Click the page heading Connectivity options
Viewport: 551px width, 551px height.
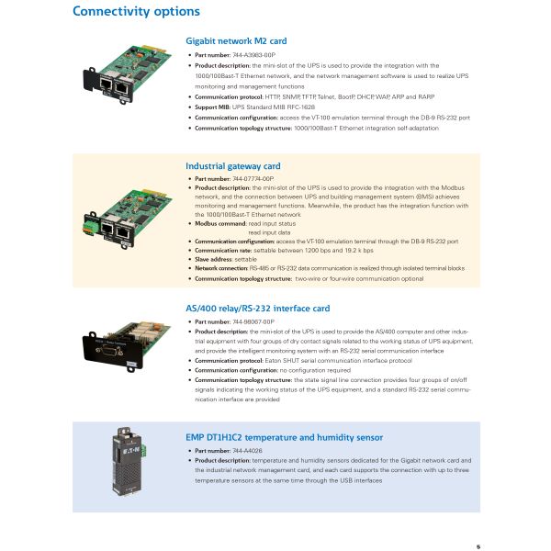[x=135, y=12]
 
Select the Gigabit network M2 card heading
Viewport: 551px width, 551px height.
[x=236, y=41]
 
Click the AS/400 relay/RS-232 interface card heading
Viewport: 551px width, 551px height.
[x=257, y=309]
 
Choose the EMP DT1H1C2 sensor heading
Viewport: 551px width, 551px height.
[x=285, y=438]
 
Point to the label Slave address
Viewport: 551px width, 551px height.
[x=214, y=259]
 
